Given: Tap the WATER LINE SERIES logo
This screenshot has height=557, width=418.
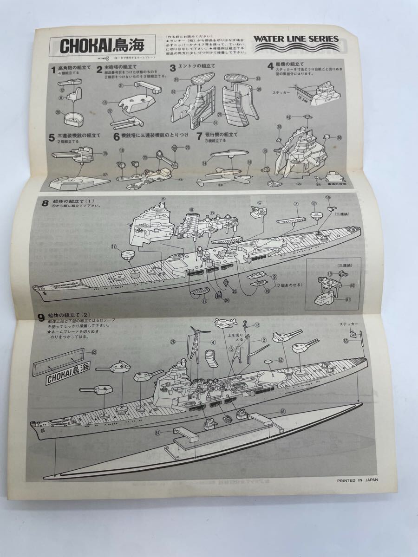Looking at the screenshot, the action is (296, 39).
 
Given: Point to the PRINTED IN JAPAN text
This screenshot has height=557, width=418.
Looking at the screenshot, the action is (357, 481).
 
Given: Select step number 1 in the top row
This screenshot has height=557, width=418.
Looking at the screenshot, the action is (53, 70).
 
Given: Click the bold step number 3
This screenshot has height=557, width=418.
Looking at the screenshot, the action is (172, 68).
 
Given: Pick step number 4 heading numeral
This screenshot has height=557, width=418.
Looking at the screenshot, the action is (270, 65).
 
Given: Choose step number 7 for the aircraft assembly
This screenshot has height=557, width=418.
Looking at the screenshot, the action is (198, 136).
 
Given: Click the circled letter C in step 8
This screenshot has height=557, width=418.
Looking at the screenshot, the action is (260, 202).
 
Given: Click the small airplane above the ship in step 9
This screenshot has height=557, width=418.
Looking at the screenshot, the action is (226, 323).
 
